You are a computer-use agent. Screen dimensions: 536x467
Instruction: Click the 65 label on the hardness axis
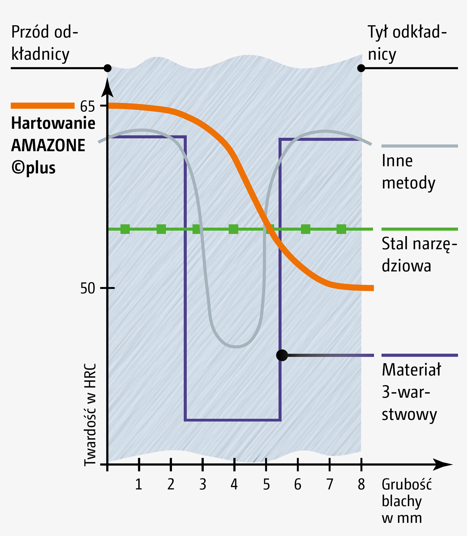[87, 106]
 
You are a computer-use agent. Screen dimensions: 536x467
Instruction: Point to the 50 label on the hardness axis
[87, 288]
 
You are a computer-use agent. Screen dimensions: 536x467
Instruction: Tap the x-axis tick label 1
[139, 484]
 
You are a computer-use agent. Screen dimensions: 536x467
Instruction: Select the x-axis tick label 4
[234, 484]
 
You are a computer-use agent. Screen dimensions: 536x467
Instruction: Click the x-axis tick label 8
[361, 484]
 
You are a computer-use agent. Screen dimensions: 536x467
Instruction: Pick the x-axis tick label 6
[297, 484]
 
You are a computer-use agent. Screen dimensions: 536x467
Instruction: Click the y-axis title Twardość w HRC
[90, 414]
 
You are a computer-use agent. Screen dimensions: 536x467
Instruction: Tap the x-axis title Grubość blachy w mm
[406, 501]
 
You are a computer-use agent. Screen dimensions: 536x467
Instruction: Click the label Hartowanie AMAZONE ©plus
[52, 145]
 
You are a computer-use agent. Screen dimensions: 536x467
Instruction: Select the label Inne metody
[408, 172]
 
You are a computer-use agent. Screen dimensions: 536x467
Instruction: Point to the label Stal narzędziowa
[419, 254]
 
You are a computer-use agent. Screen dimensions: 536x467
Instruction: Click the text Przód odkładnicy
[45, 43]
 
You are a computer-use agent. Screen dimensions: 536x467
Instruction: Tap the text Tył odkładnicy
[407, 43]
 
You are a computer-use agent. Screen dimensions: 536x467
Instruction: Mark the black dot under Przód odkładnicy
[107, 68]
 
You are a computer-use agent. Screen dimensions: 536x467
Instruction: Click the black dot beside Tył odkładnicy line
[361, 68]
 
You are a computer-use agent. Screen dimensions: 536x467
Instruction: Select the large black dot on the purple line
[282, 355]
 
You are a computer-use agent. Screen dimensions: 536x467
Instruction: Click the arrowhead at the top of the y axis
[107, 88]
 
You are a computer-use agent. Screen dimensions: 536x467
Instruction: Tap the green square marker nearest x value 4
[233, 229]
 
